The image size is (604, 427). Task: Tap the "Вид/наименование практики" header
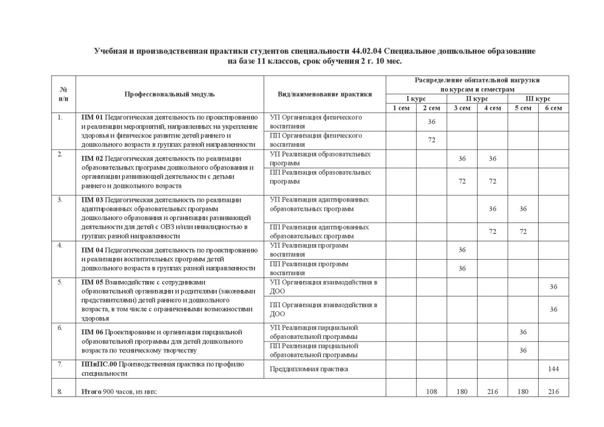(325, 94)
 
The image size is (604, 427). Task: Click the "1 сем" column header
(401, 108)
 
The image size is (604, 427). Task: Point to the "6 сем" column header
(553, 108)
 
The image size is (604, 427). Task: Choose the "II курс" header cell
(477, 99)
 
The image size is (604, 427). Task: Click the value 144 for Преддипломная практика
(553, 369)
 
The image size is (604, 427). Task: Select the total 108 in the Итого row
(431, 391)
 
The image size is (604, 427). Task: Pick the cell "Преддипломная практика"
(309, 369)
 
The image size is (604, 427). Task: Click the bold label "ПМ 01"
(92, 117)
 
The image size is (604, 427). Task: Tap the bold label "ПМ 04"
(92, 250)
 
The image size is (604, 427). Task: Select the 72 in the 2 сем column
(431, 140)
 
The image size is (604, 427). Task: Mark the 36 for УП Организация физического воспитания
(431, 122)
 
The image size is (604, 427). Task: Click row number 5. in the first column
(60, 282)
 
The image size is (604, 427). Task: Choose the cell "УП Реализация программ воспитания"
(309, 250)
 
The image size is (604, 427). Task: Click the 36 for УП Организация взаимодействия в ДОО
(553, 287)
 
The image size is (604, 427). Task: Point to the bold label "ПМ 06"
(92, 332)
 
